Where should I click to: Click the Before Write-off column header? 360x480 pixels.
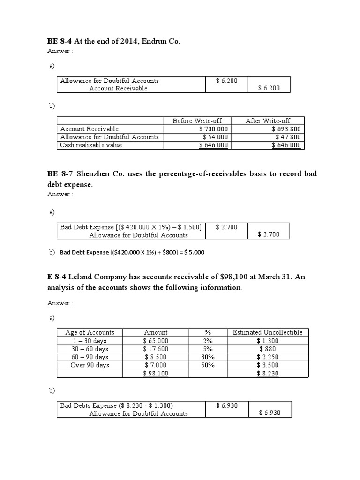197,121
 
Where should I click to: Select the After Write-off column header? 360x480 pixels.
268,121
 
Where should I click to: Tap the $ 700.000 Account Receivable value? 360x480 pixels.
213,129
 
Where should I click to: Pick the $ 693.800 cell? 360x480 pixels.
286,129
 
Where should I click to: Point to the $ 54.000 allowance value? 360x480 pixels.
215,137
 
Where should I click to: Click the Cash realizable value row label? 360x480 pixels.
91,145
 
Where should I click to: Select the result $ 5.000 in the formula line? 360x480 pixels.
195,252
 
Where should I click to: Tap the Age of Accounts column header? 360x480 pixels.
90,332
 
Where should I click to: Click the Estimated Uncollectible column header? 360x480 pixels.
268,332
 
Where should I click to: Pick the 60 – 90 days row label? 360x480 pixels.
90,357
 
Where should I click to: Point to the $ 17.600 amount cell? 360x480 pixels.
156,349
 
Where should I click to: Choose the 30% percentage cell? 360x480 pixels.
208,357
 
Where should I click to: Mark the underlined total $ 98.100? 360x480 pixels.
156,373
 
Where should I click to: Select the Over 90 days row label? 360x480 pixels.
90,365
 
